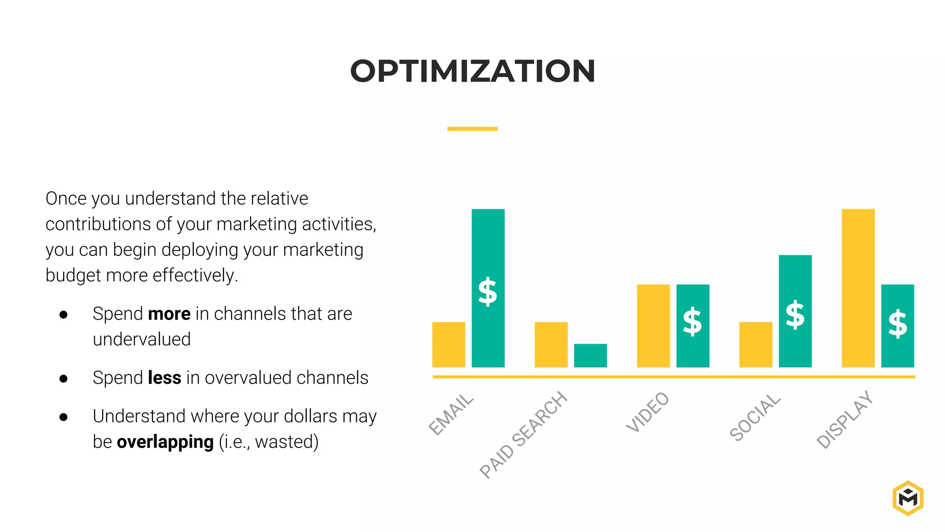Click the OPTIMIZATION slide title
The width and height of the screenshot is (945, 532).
click(x=472, y=71)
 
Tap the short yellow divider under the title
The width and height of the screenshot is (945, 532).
click(x=472, y=129)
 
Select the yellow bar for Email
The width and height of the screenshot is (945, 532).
click(x=449, y=345)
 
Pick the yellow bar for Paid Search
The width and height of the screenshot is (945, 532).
click(x=551, y=345)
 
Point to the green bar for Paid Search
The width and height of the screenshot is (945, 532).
click(x=590, y=355)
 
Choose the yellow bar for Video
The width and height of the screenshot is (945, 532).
click(x=653, y=326)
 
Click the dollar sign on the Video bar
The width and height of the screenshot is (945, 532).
click(x=692, y=321)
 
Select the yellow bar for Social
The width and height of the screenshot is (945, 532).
click(x=755, y=345)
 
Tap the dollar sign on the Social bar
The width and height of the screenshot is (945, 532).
click(x=795, y=315)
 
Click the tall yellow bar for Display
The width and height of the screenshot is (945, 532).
click(x=858, y=288)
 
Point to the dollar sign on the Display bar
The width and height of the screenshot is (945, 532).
click(x=897, y=324)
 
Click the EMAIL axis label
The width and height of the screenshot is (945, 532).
click(x=451, y=414)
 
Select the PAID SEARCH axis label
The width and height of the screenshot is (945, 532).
click(x=523, y=435)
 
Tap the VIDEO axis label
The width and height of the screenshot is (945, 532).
click(x=647, y=412)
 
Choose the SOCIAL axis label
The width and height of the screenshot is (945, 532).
click(x=755, y=417)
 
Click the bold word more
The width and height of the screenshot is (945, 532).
click(x=169, y=314)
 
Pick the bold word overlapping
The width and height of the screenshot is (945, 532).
click(x=165, y=442)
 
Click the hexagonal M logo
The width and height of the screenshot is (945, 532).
click(x=908, y=498)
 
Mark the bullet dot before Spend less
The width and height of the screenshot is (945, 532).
click(x=64, y=379)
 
